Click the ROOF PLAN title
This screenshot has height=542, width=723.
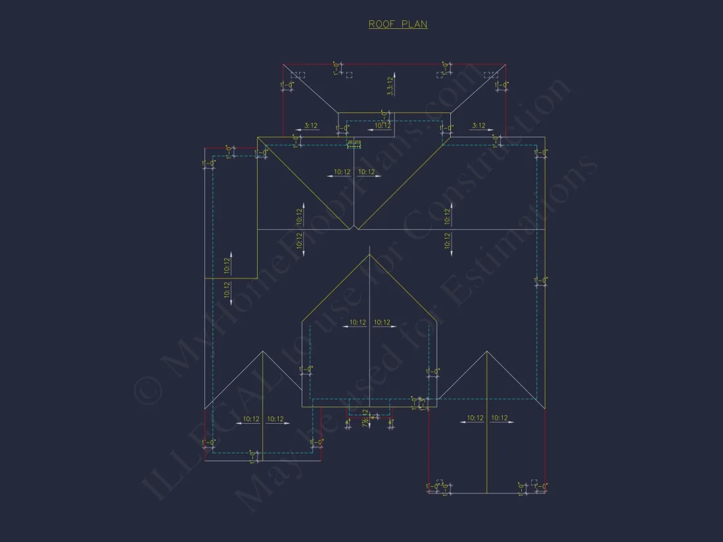click(398, 24)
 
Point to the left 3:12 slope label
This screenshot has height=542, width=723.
click(311, 125)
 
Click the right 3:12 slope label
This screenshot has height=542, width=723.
click(478, 125)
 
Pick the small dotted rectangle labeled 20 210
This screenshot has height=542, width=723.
click(354, 143)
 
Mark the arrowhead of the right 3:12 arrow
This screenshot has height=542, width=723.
click(496, 130)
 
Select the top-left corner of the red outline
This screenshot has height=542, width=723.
click(283, 64)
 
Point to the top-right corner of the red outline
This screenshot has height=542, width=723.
click(505, 64)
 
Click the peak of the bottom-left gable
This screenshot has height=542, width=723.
click(263, 351)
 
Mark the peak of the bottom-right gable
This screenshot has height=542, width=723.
click(487, 351)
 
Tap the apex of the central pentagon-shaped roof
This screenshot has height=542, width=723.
click(369, 255)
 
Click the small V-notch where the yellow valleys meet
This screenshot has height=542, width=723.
click(354, 227)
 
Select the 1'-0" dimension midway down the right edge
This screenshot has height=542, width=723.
click(541, 281)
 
